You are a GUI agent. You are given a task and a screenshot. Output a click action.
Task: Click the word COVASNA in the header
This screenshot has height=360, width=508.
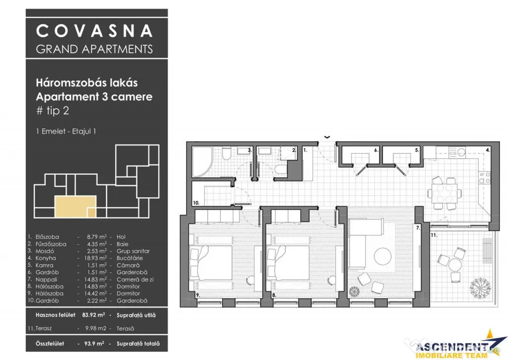pos(94,31)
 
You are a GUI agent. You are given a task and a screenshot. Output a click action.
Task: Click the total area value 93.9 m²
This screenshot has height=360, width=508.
pos(94,344)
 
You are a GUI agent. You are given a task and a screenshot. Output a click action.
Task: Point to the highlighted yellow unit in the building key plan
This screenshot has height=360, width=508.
pos(75,207)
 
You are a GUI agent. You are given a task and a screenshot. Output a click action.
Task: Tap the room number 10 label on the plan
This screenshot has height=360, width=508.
pos(196,203)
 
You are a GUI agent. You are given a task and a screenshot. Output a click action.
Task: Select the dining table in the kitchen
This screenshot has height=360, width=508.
pos(444,193)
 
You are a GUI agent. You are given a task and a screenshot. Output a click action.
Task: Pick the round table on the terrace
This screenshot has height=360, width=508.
pos(455,265)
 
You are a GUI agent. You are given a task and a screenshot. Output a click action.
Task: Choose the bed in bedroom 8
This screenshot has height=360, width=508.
pos(288,263)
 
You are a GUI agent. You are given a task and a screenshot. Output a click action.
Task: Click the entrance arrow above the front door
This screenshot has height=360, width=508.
pos(327,137)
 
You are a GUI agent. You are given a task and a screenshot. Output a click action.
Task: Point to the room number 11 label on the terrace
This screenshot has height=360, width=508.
pos(434,235)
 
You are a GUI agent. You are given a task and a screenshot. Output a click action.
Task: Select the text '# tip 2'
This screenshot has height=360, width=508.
pos(53,111)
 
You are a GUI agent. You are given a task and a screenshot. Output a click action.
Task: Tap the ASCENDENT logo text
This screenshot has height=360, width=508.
pos(452,348)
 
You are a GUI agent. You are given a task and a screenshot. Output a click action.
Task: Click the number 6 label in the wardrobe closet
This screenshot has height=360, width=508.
pos(376,150)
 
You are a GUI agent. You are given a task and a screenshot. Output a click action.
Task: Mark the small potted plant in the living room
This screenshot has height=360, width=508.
pos(354,291)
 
